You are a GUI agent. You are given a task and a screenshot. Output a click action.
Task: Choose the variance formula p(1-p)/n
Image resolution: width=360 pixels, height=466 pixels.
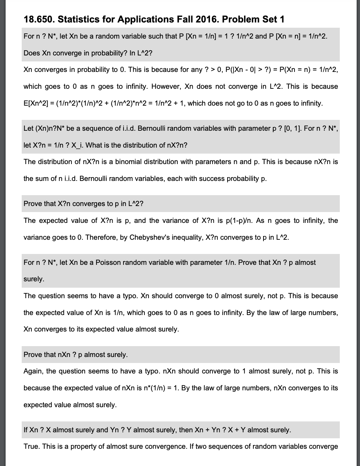pos(231,221)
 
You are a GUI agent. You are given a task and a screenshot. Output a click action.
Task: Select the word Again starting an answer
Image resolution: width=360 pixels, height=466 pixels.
pos(33,371)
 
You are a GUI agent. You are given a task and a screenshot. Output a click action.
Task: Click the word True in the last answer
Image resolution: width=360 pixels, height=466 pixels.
pos(31,447)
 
